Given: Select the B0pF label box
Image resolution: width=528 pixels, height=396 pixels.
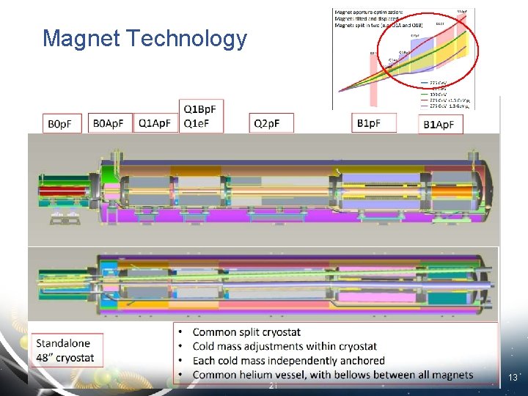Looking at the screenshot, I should click(x=64, y=124).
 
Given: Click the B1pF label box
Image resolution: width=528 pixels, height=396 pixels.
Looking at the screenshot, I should click(x=374, y=123).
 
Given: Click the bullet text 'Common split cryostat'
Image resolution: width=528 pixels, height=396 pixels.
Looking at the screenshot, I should click(x=246, y=332).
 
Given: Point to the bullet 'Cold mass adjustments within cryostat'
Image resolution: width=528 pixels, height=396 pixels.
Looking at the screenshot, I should click(x=285, y=346).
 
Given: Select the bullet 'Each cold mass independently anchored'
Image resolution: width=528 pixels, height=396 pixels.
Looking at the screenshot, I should click(x=288, y=360).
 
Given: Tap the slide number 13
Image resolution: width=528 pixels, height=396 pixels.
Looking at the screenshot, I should click(x=513, y=378).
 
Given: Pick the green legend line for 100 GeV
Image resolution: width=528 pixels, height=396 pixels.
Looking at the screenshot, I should click(x=423, y=93).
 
